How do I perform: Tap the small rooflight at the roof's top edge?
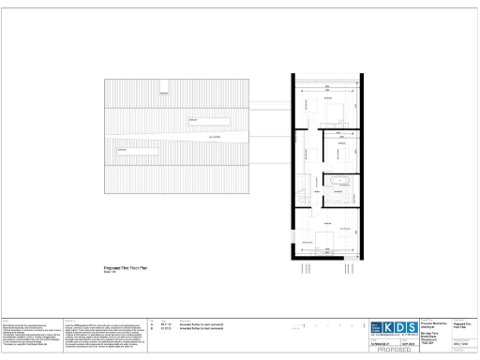pos(164,92)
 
